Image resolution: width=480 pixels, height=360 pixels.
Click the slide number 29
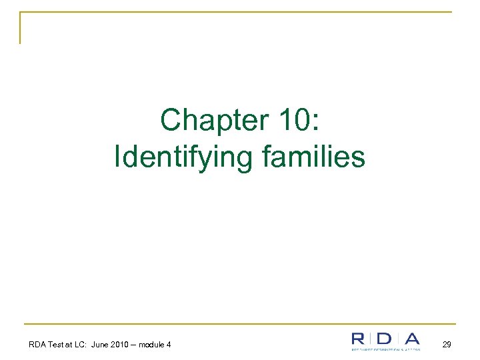446,344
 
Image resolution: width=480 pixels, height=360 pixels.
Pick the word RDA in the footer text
37,344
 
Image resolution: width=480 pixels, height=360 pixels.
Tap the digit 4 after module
169,344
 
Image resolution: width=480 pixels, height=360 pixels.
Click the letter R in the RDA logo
359,339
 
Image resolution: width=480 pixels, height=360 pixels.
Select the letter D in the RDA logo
384,339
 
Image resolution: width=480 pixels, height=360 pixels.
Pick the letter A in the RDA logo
412,339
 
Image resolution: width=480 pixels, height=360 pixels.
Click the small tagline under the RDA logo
386,349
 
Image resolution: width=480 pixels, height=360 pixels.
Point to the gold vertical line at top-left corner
20,28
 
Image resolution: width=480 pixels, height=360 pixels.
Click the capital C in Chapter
171,121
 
